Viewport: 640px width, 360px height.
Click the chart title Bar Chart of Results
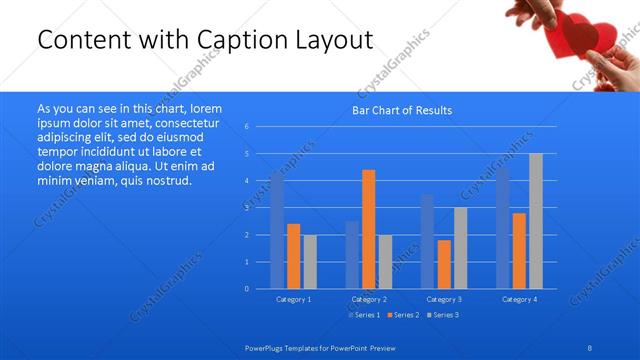pyautogui.click(x=402, y=110)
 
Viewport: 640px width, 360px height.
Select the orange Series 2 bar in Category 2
pyautogui.click(x=369, y=229)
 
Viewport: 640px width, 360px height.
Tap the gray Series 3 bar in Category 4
pyautogui.click(x=535, y=221)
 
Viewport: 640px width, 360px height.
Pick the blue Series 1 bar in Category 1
pyautogui.click(x=277, y=230)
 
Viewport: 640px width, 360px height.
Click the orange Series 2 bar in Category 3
pyautogui.click(x=444, y=264)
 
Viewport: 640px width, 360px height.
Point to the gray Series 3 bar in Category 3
pyautogui.click(x=460, y=248)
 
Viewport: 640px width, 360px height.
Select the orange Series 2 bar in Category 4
pyautogui.click(x=519, y=250)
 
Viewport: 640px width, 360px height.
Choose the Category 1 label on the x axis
pyautogui.click(x=293, y=299)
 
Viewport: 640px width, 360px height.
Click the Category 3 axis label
pyautogui.click(x=444, y=299)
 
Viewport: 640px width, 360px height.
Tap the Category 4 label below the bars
pyautogui.click(x=519, y=299)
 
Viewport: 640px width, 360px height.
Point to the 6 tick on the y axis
pyautogui.click(x=246, y=127)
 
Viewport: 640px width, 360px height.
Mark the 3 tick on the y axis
pyautogui.click(x=246, y=208)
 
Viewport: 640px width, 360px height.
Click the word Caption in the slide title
pyautogui.click(x=234, y=39)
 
